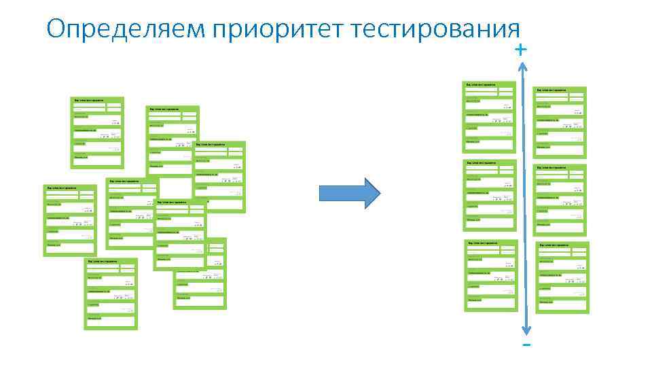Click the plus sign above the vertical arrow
(520, 50)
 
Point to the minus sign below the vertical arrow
(526, 345)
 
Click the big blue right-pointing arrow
(350, 193)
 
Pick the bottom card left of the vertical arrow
(490, 275)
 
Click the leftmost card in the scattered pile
(69, 220)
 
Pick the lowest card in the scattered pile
(110, 294)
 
